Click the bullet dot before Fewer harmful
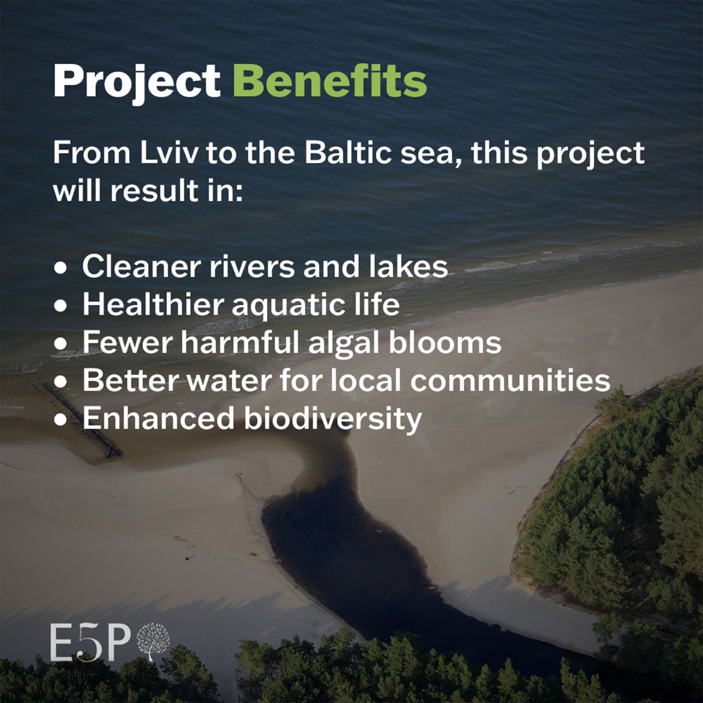click(60, 344)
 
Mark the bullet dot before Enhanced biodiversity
click(60, 420)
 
